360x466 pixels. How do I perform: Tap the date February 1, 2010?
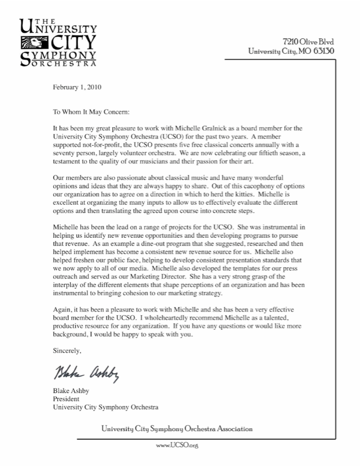(x=77, y=87)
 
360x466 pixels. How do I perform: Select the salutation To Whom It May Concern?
(x=91, y=111)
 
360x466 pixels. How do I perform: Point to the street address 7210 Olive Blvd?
(x=308, y=41)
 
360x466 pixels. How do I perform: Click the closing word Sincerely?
(x=67, y=350)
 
